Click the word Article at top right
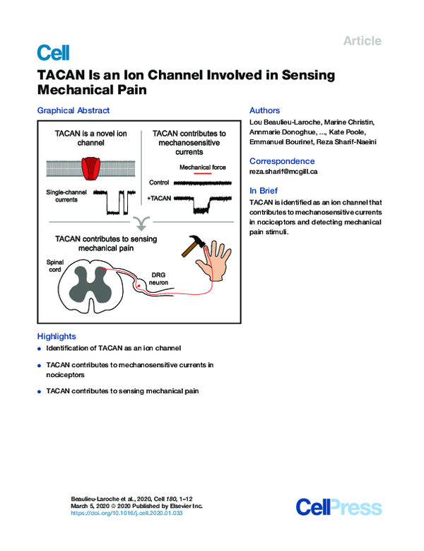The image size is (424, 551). tap(362, 41)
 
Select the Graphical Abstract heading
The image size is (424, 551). tap(73, 110)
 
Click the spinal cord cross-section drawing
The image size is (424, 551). tap(93, 288)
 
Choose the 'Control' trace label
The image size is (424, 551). tap(159, 182)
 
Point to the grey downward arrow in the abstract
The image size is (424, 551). tap(143, 224)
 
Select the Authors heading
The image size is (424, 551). tap(265, 110)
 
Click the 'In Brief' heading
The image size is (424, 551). tap(264, 191)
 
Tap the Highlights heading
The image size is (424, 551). tap(57, 337)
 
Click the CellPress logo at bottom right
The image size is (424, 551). tap(338, 507)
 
